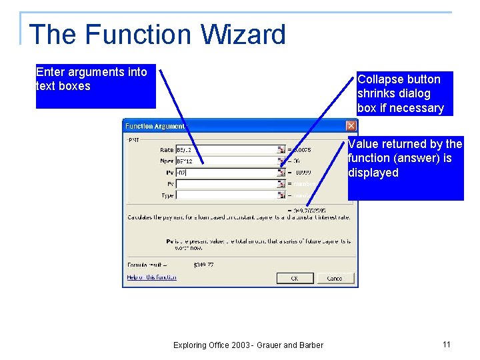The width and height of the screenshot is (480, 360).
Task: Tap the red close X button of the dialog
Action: pos(351,125)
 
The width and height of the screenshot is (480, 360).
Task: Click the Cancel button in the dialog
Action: pos(335,278)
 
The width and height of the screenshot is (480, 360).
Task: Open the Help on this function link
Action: pos(152,277)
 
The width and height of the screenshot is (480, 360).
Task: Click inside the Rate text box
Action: pos(227,150)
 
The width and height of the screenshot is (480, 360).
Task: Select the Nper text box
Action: pos(227,161)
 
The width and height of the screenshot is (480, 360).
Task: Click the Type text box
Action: pos(227,195)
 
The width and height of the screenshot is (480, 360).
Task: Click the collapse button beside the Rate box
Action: pos(281,150)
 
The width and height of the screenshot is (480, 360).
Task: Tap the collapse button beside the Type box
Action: pos(281,195)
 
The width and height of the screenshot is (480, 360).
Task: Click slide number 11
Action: pos(447,344)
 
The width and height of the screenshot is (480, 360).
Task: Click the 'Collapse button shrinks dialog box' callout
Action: pos(404,93)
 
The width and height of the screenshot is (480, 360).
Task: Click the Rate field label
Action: pos(166,150)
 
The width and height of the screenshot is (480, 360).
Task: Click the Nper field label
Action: pos(166,161)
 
